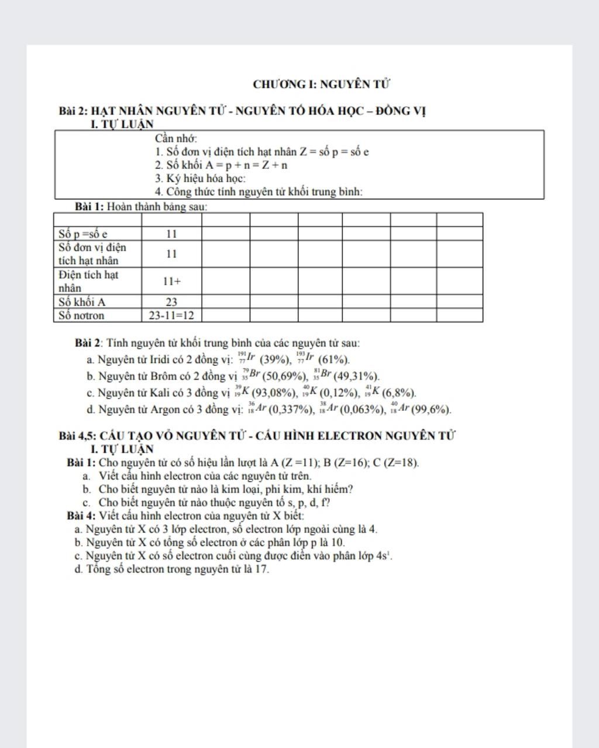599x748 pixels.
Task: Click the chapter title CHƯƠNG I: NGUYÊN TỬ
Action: pyautogui.click(x=321, y=84)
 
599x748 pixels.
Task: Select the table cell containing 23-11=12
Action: pyautogui.click(x=171, y=316)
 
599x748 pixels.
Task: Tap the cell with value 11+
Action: pyautogui.click(x=171, y=281)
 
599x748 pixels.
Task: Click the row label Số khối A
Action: pyautogui.click(x=82, y=302)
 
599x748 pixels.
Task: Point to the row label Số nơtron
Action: pyautogui.click(x=81, y=316)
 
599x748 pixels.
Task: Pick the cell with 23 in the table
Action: pyautogui.click(x=171, y=302)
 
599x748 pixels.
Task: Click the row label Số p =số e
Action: pyautogui.click(x=83, y=234)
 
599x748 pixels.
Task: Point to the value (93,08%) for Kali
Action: pyautogui.click(x=275, y=393)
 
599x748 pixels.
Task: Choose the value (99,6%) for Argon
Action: pyautogui.click(x=431, y=410)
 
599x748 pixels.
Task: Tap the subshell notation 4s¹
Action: pyautogui.click(x=384, y=556)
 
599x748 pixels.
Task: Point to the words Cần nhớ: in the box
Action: pyautogui.click(x=176, y=138)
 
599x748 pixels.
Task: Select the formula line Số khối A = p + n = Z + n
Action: pyautogui.click(x=221, y=165)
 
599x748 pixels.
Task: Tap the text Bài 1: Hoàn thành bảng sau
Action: pyautogui.click(x=141, y=206)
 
